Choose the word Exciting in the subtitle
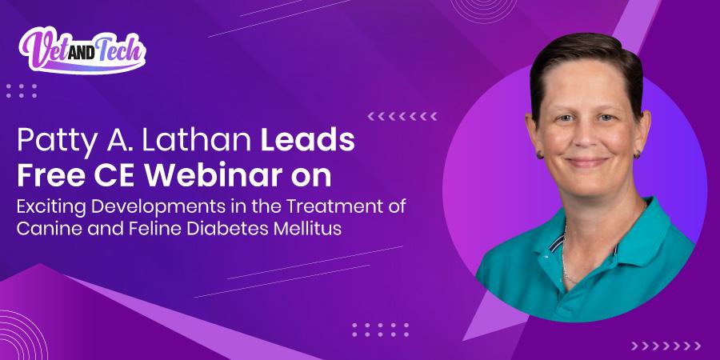pos(50,205)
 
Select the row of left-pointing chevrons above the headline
pos(402,116)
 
